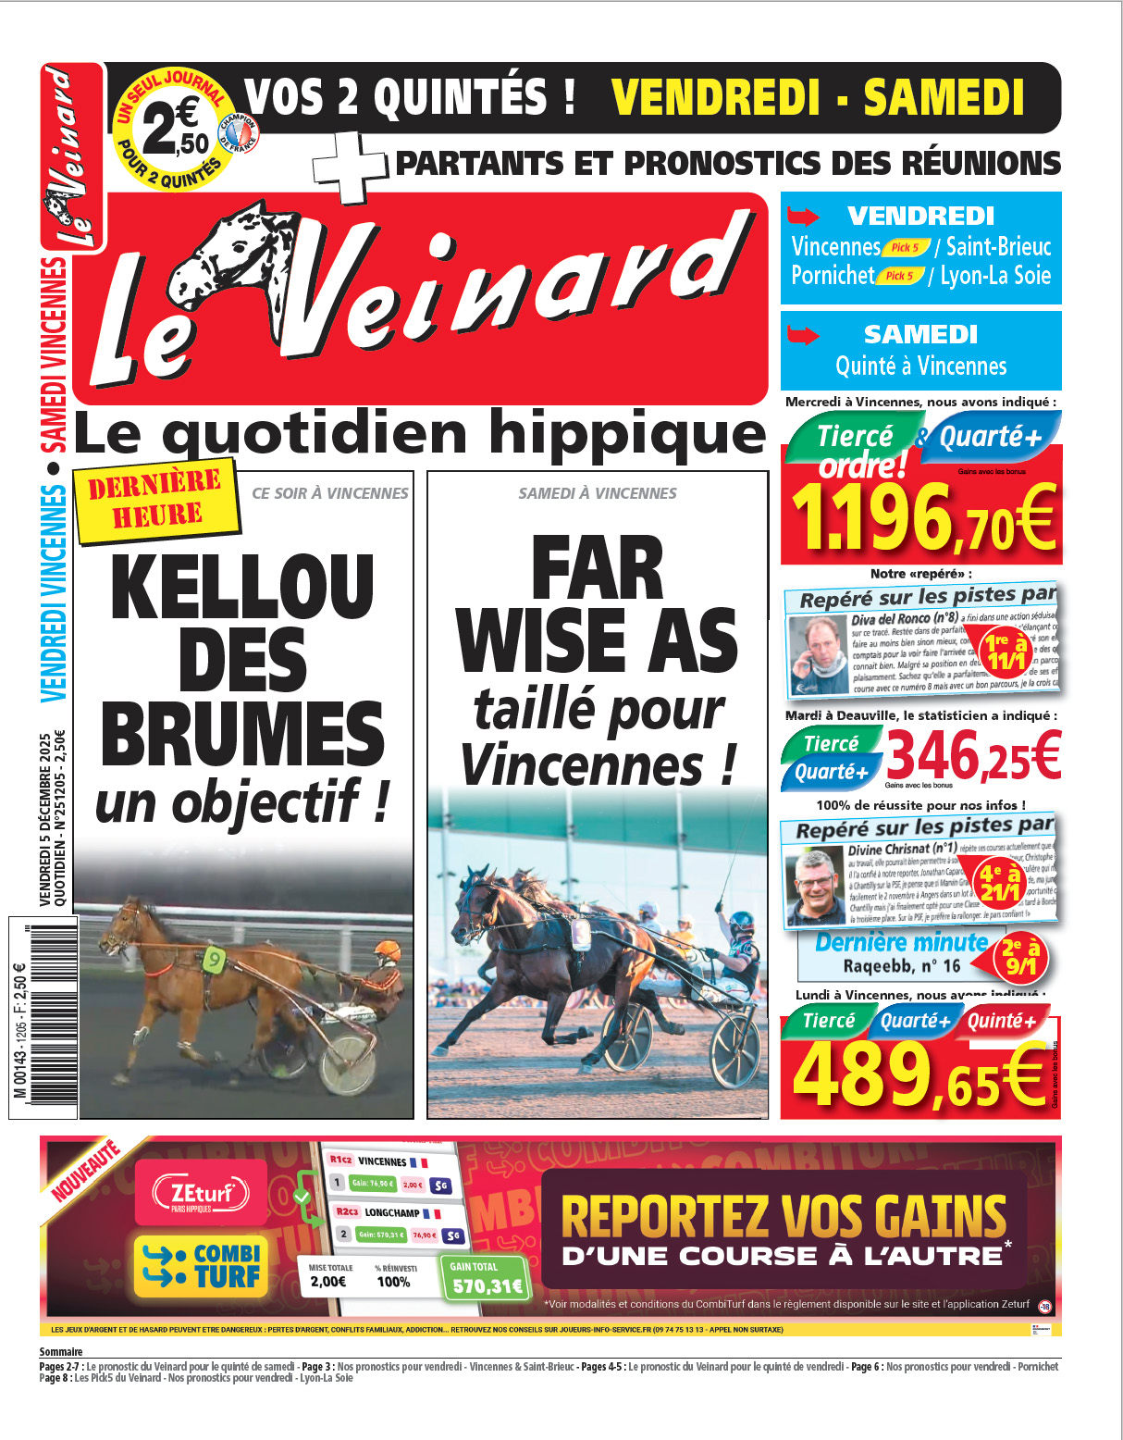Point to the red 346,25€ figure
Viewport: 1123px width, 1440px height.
tap(973, 755)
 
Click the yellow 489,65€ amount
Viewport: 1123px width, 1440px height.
tap(919, 1074)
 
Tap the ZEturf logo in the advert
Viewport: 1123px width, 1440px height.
tap(201, 1193)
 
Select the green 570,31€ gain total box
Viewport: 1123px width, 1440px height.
tap(487, 1278)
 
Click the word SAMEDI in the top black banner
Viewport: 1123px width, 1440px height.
tap(944, 97)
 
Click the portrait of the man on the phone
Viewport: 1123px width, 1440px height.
tap(819, 654)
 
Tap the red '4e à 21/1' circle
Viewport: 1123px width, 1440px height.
tap(1001, 883)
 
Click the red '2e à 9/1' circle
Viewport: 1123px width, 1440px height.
tap(1020, 958)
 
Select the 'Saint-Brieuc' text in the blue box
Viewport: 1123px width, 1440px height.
tap(998, 247)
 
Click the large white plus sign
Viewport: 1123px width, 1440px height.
tap(350, 167)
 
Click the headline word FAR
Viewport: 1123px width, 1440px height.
tap(598, 569)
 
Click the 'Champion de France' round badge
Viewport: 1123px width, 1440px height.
tap(238, 134)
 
